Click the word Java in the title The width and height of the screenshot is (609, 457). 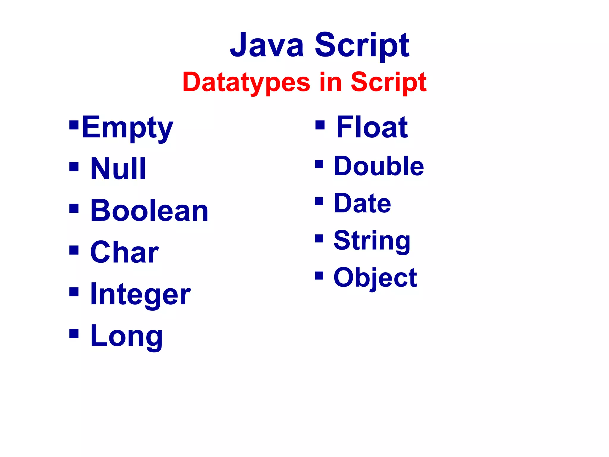point(267,45)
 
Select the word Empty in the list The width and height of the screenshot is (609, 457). point(127,128)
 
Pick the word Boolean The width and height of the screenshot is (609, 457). point(149,210)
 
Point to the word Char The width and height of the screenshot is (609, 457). point(124,252)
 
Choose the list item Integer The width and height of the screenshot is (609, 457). point(140,294)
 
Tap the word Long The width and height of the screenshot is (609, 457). point(126,336)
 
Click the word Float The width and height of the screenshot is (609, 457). point(372,127)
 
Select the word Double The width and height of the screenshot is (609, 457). point(379,166)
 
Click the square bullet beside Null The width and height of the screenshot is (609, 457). point(74,167)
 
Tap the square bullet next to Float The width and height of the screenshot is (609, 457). point(320,125)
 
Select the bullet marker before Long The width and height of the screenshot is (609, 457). point(74,334)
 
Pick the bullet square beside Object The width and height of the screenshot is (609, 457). point(319,276)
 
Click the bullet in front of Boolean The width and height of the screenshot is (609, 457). point(74,209)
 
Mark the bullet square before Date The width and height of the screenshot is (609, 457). point(319,201)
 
